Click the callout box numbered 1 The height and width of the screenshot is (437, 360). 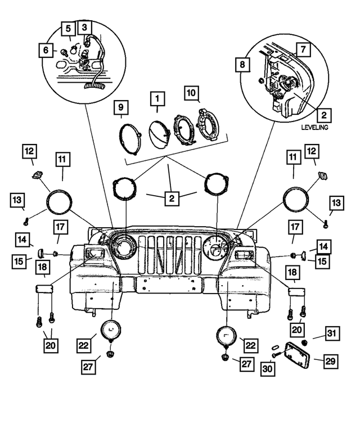157,100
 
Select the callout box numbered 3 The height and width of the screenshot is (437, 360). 85,27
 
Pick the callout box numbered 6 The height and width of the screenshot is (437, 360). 44,50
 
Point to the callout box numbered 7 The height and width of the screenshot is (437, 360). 302,50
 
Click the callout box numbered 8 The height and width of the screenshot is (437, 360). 242,65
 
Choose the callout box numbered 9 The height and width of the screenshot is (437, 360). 121,107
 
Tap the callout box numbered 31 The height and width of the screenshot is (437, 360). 331,336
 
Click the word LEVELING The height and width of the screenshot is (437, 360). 314,128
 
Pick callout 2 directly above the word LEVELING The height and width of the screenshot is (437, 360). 323,115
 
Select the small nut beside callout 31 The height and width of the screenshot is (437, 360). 304,343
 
